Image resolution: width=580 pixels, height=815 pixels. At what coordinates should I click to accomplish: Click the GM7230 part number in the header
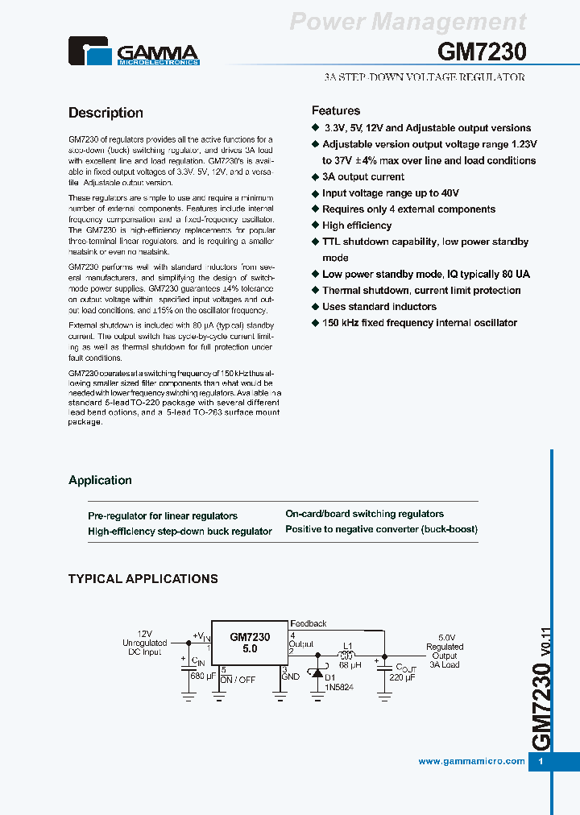pos(482,52)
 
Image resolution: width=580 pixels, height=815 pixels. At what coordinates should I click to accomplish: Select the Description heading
pos(106,113)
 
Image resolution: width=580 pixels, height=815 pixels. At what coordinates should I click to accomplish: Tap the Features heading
pos(335,110)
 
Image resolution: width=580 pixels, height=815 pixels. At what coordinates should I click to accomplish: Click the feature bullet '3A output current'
pos(363,176)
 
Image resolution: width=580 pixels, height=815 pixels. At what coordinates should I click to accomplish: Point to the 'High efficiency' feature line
pos(357,225)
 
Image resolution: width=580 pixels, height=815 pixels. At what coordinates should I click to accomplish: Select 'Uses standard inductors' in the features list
pos(379,306)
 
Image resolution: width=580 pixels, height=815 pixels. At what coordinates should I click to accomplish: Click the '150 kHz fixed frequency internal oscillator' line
pos(420,322)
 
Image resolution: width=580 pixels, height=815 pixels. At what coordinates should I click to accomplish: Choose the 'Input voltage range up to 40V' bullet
pos(391,192)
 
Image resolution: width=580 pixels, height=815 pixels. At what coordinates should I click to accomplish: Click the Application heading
pos(100,480)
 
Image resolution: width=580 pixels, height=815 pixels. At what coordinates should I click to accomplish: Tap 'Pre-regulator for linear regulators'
pos(163,515)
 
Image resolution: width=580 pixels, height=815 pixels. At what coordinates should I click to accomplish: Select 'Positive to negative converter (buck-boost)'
pos(381,529)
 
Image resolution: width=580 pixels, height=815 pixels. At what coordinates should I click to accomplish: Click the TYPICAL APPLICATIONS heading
pos(143,578)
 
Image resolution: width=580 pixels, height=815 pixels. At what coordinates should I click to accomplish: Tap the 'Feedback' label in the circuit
pos(309,623)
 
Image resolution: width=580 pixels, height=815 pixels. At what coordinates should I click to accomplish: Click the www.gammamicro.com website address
pos(471,761)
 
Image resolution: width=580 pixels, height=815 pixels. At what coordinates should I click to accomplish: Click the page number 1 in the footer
pos(541,761)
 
